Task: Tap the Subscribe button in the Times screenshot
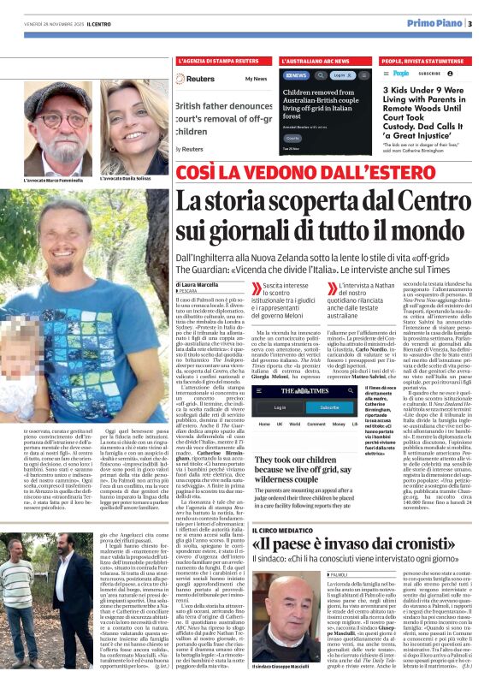(x=304, y=407)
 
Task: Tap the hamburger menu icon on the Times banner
(x=238, y=391)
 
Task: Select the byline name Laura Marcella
(x=198, y=282)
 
